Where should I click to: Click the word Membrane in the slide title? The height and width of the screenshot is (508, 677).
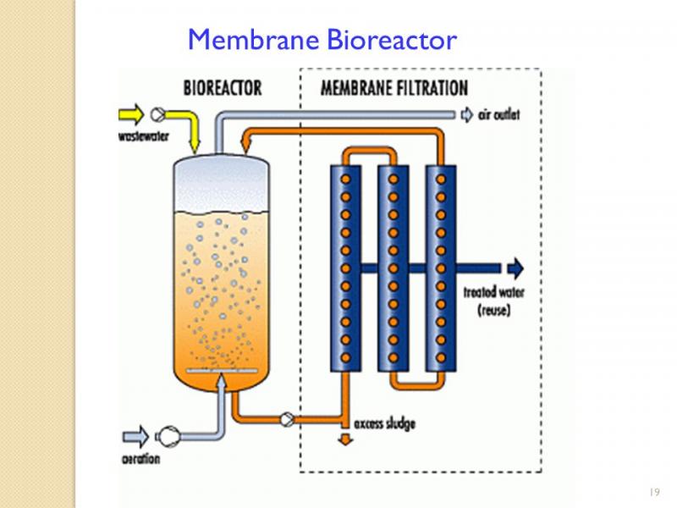tap(253, 39)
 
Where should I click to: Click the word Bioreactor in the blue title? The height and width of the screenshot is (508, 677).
tap(392, 39)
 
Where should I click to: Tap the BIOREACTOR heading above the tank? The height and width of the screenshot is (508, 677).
tap(223, 88)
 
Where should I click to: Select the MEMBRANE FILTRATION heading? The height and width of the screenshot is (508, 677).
tap(394, 88)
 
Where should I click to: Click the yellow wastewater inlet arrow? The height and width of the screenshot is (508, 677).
tap(131, 114)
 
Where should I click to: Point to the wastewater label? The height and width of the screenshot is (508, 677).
tap(144, 136)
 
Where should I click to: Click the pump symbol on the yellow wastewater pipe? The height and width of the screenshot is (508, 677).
tap(157, 114)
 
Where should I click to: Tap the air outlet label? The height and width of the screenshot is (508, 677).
tap(498, 115)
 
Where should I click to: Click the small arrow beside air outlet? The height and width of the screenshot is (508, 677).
tap(467, 115)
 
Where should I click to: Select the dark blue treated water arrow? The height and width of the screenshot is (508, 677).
tap(515, 268)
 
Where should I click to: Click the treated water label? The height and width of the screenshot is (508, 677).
tap(494, 292)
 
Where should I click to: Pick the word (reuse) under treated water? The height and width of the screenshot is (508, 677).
tap(494, 310)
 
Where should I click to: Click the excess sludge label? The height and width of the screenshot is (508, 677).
tap(385, 424)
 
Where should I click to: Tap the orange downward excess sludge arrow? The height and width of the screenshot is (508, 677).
tap(345, 439)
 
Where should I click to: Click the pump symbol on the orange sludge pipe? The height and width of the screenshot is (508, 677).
tap(287, 419)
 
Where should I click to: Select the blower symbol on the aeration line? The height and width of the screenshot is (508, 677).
tap(168, 437)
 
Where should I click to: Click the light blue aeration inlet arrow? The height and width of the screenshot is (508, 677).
tap(136, 436)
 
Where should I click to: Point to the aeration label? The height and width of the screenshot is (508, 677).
tap(140, 459)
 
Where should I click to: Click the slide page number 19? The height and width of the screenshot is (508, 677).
tap(654, 492)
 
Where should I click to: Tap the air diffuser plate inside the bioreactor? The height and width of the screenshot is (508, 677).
tap(222, 371)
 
